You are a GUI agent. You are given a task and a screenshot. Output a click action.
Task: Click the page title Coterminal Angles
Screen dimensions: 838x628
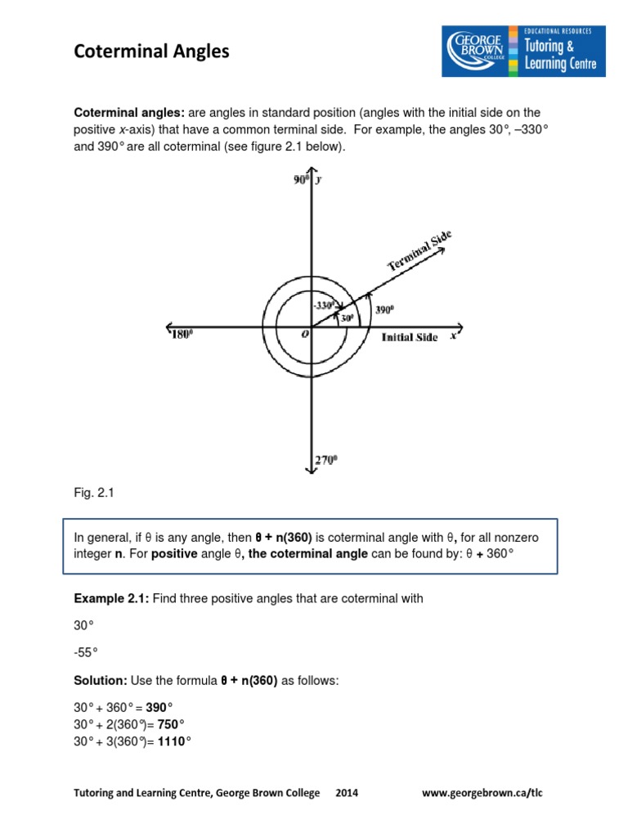tap(152, 52)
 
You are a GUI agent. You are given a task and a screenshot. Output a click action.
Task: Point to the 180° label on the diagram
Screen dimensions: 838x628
tap(182, 335)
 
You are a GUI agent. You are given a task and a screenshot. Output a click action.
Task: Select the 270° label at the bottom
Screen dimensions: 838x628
tap(326, 462)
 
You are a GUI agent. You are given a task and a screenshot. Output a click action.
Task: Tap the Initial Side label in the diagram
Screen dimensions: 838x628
tap(410, 337)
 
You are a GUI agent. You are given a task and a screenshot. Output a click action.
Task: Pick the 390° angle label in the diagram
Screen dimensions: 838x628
tap(384, 310)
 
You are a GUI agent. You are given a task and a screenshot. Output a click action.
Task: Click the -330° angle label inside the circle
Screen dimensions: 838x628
tap(323, 305)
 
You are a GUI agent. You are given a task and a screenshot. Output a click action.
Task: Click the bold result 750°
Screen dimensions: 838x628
tap(170, 723)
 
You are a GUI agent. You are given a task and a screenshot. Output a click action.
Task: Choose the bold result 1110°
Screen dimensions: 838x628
tap(173, 741)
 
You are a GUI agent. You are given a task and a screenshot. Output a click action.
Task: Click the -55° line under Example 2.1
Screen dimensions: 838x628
tap(86, 652)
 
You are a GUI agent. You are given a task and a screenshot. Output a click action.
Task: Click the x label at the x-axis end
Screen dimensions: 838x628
tap(453, 336)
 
